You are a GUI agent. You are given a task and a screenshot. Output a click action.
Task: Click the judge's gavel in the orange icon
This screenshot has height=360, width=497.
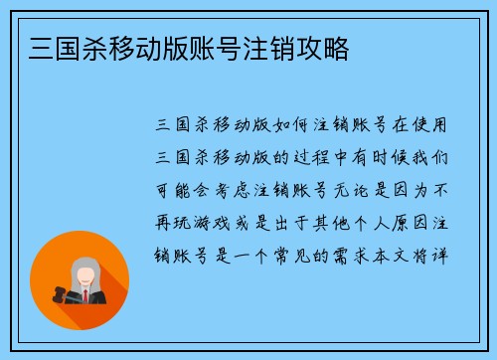pos(61,292)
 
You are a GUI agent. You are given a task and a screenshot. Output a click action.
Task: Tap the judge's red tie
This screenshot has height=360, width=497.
pos(86,295)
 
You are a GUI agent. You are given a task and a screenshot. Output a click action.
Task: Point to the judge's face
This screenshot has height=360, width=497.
pos(84,272)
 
